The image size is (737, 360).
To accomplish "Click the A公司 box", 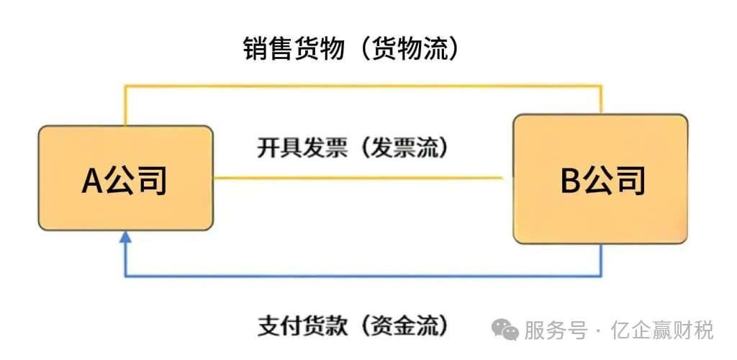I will [125, 178].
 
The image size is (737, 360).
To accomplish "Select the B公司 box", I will [600, 179].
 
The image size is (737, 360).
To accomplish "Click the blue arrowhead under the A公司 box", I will [126, 238].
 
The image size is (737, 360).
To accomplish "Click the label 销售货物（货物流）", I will [351, 49].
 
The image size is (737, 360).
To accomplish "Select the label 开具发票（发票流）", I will [352, 148].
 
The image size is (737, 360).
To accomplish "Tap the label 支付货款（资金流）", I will [352, 325].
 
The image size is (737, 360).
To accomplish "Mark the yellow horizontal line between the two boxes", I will [358, 177].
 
